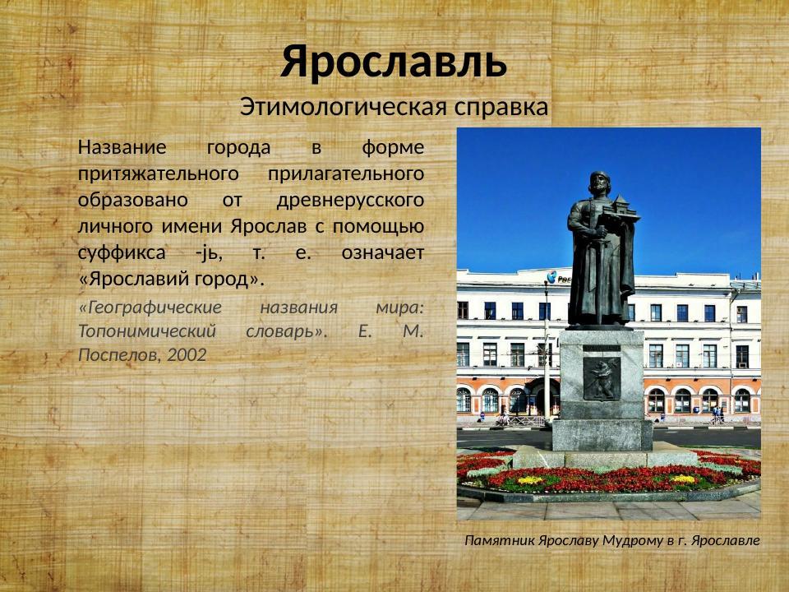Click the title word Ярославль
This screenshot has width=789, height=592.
tap(394, 62)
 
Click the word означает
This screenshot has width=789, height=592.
tap(382, 252)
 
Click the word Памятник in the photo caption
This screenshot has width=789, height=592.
tap(498, 540)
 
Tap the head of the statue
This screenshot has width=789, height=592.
tap(599, 183)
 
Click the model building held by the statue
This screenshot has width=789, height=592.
tap(621, 210)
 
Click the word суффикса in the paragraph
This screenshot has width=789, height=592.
tap(119, 252)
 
